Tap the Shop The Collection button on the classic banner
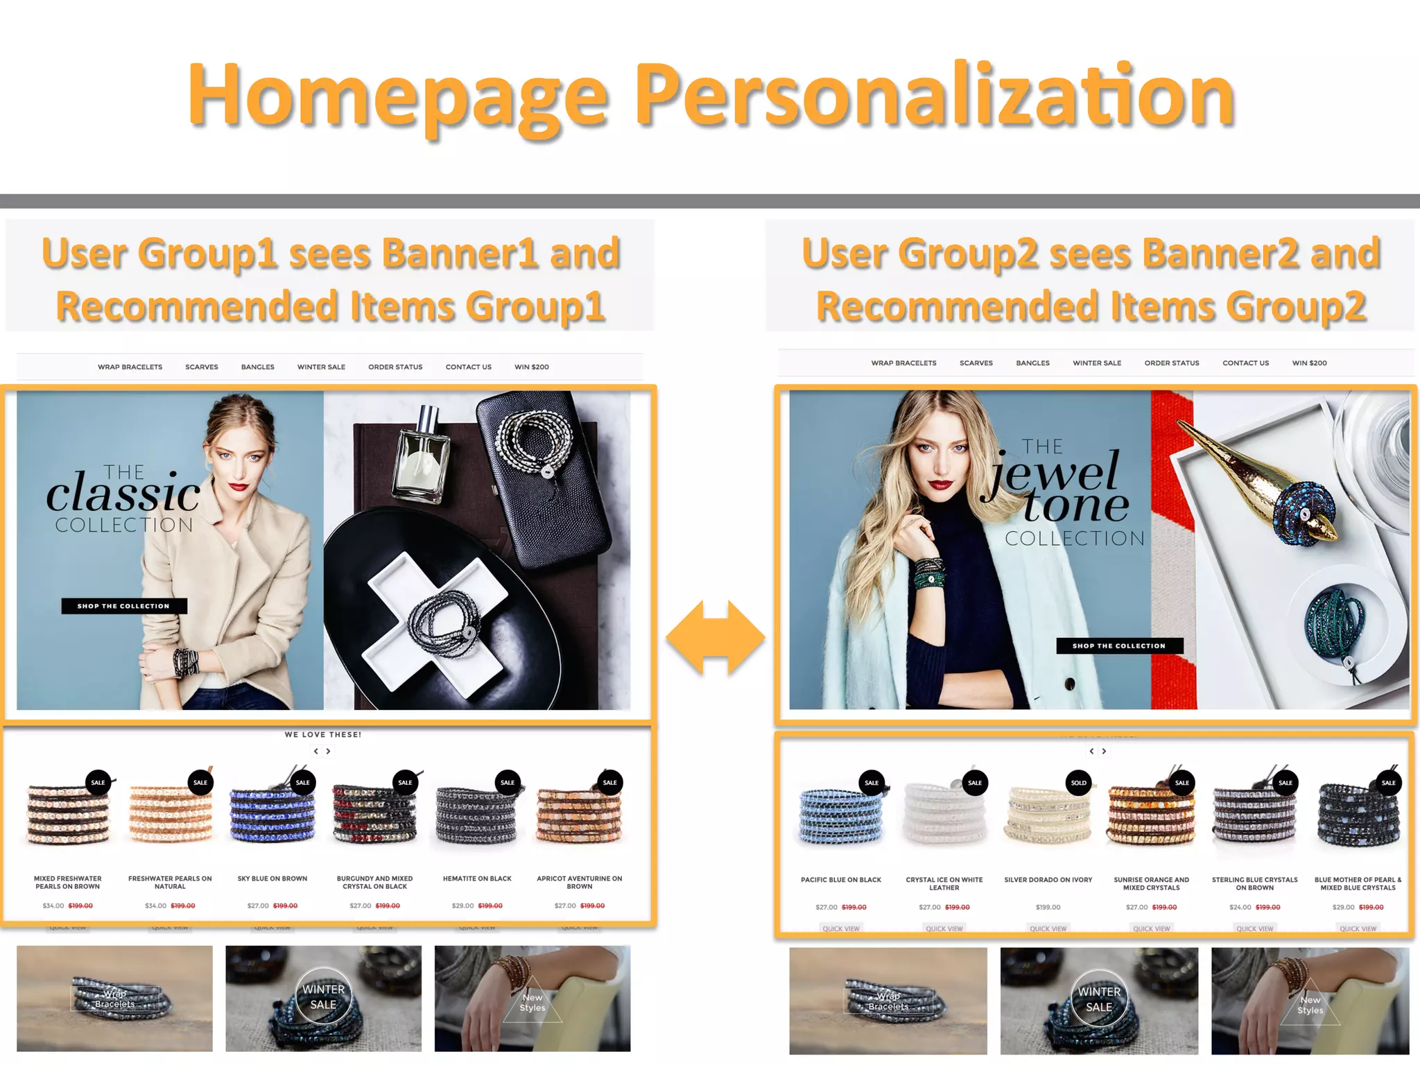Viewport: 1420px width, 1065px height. tap(124, 606)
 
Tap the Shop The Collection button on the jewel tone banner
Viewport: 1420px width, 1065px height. tap(1119, 646)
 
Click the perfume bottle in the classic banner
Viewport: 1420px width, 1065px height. tap(421, 458)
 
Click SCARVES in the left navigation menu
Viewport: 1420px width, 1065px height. tap(202, 367)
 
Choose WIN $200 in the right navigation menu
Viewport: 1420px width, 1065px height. tap(1309, 363)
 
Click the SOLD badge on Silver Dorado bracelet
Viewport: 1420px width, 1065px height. tap(1078, 783)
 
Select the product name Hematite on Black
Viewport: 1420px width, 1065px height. tap(477, 878)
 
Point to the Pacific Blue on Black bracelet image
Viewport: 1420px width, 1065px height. tap(840, 816)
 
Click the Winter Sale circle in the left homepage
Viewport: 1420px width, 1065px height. tap(323, 997)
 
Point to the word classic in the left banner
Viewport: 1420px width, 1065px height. tap(123, 494)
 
